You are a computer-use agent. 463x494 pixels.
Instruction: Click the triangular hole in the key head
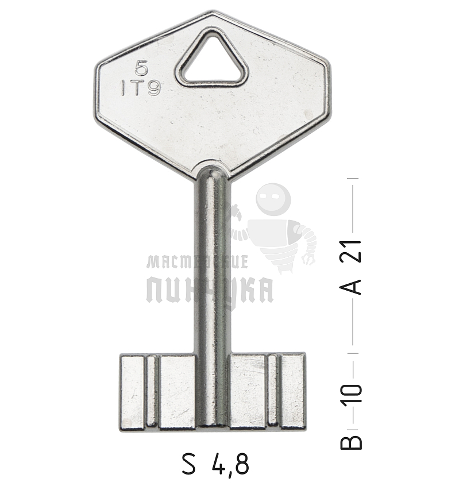[x=211, y=60]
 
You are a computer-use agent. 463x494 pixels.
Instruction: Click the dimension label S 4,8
[x=215, y=464]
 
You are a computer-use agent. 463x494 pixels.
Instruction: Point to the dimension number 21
[x=356, y=251]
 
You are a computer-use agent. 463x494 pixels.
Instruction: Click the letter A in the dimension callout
[x=356, y=285]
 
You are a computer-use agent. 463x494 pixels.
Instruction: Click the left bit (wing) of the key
[x=158, y=392]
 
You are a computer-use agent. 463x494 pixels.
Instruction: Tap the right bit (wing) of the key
[x=267, y=392]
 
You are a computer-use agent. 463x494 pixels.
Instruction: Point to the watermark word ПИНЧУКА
[x=210, y=290]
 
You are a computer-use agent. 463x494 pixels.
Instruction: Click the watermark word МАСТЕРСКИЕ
[x=197, y=263]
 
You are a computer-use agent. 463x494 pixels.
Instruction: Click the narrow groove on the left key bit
[x=152, y=392]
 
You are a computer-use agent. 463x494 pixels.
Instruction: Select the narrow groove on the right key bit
[x=273, y=392]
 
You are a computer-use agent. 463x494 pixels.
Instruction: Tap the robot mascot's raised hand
[x=308, y=257]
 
